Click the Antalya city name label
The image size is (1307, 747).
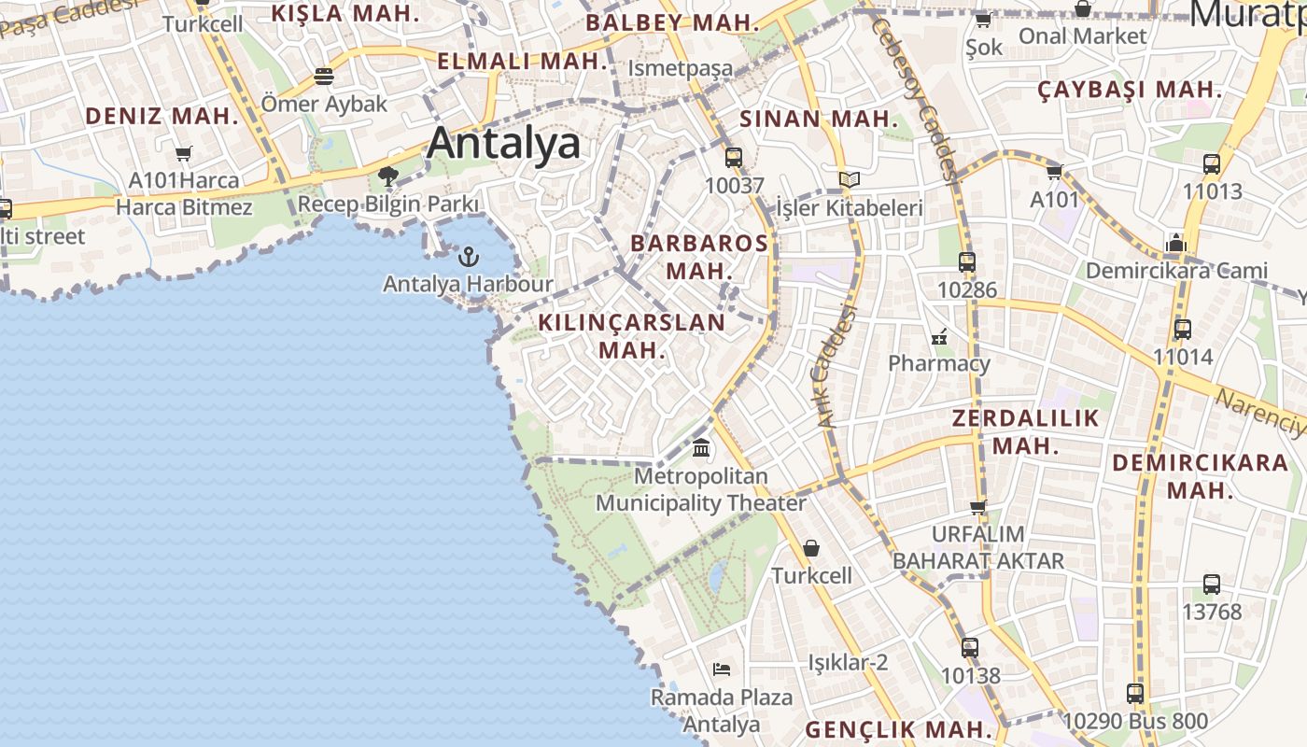(503, 143)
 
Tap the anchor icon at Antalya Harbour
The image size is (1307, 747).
(469, 256)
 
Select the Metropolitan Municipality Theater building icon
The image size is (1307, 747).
(701, 448)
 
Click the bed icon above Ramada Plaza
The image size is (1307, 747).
(721, 669)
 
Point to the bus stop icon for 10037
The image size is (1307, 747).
(734, 157)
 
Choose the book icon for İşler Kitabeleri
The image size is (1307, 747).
(849, 179)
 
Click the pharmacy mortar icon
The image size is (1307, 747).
(939, 336)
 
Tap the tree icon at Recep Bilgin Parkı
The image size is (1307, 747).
(388, 176)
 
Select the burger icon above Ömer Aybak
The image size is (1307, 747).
(324, 76)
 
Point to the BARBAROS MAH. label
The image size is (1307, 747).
(699, 257)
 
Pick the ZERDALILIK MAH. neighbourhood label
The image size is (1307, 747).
(1025, 431)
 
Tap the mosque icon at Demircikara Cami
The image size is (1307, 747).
(1175, 243)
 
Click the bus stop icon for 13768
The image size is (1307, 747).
(1211, 585)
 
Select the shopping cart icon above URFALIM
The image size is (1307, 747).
(977, 507)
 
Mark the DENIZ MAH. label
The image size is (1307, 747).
(162, 116)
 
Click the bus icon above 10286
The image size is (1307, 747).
(966, 262)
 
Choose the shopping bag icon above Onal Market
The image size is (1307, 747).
(1082, 8)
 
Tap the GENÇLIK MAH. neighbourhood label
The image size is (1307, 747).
(898, 729)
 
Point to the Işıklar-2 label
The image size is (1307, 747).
(848, 663)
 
